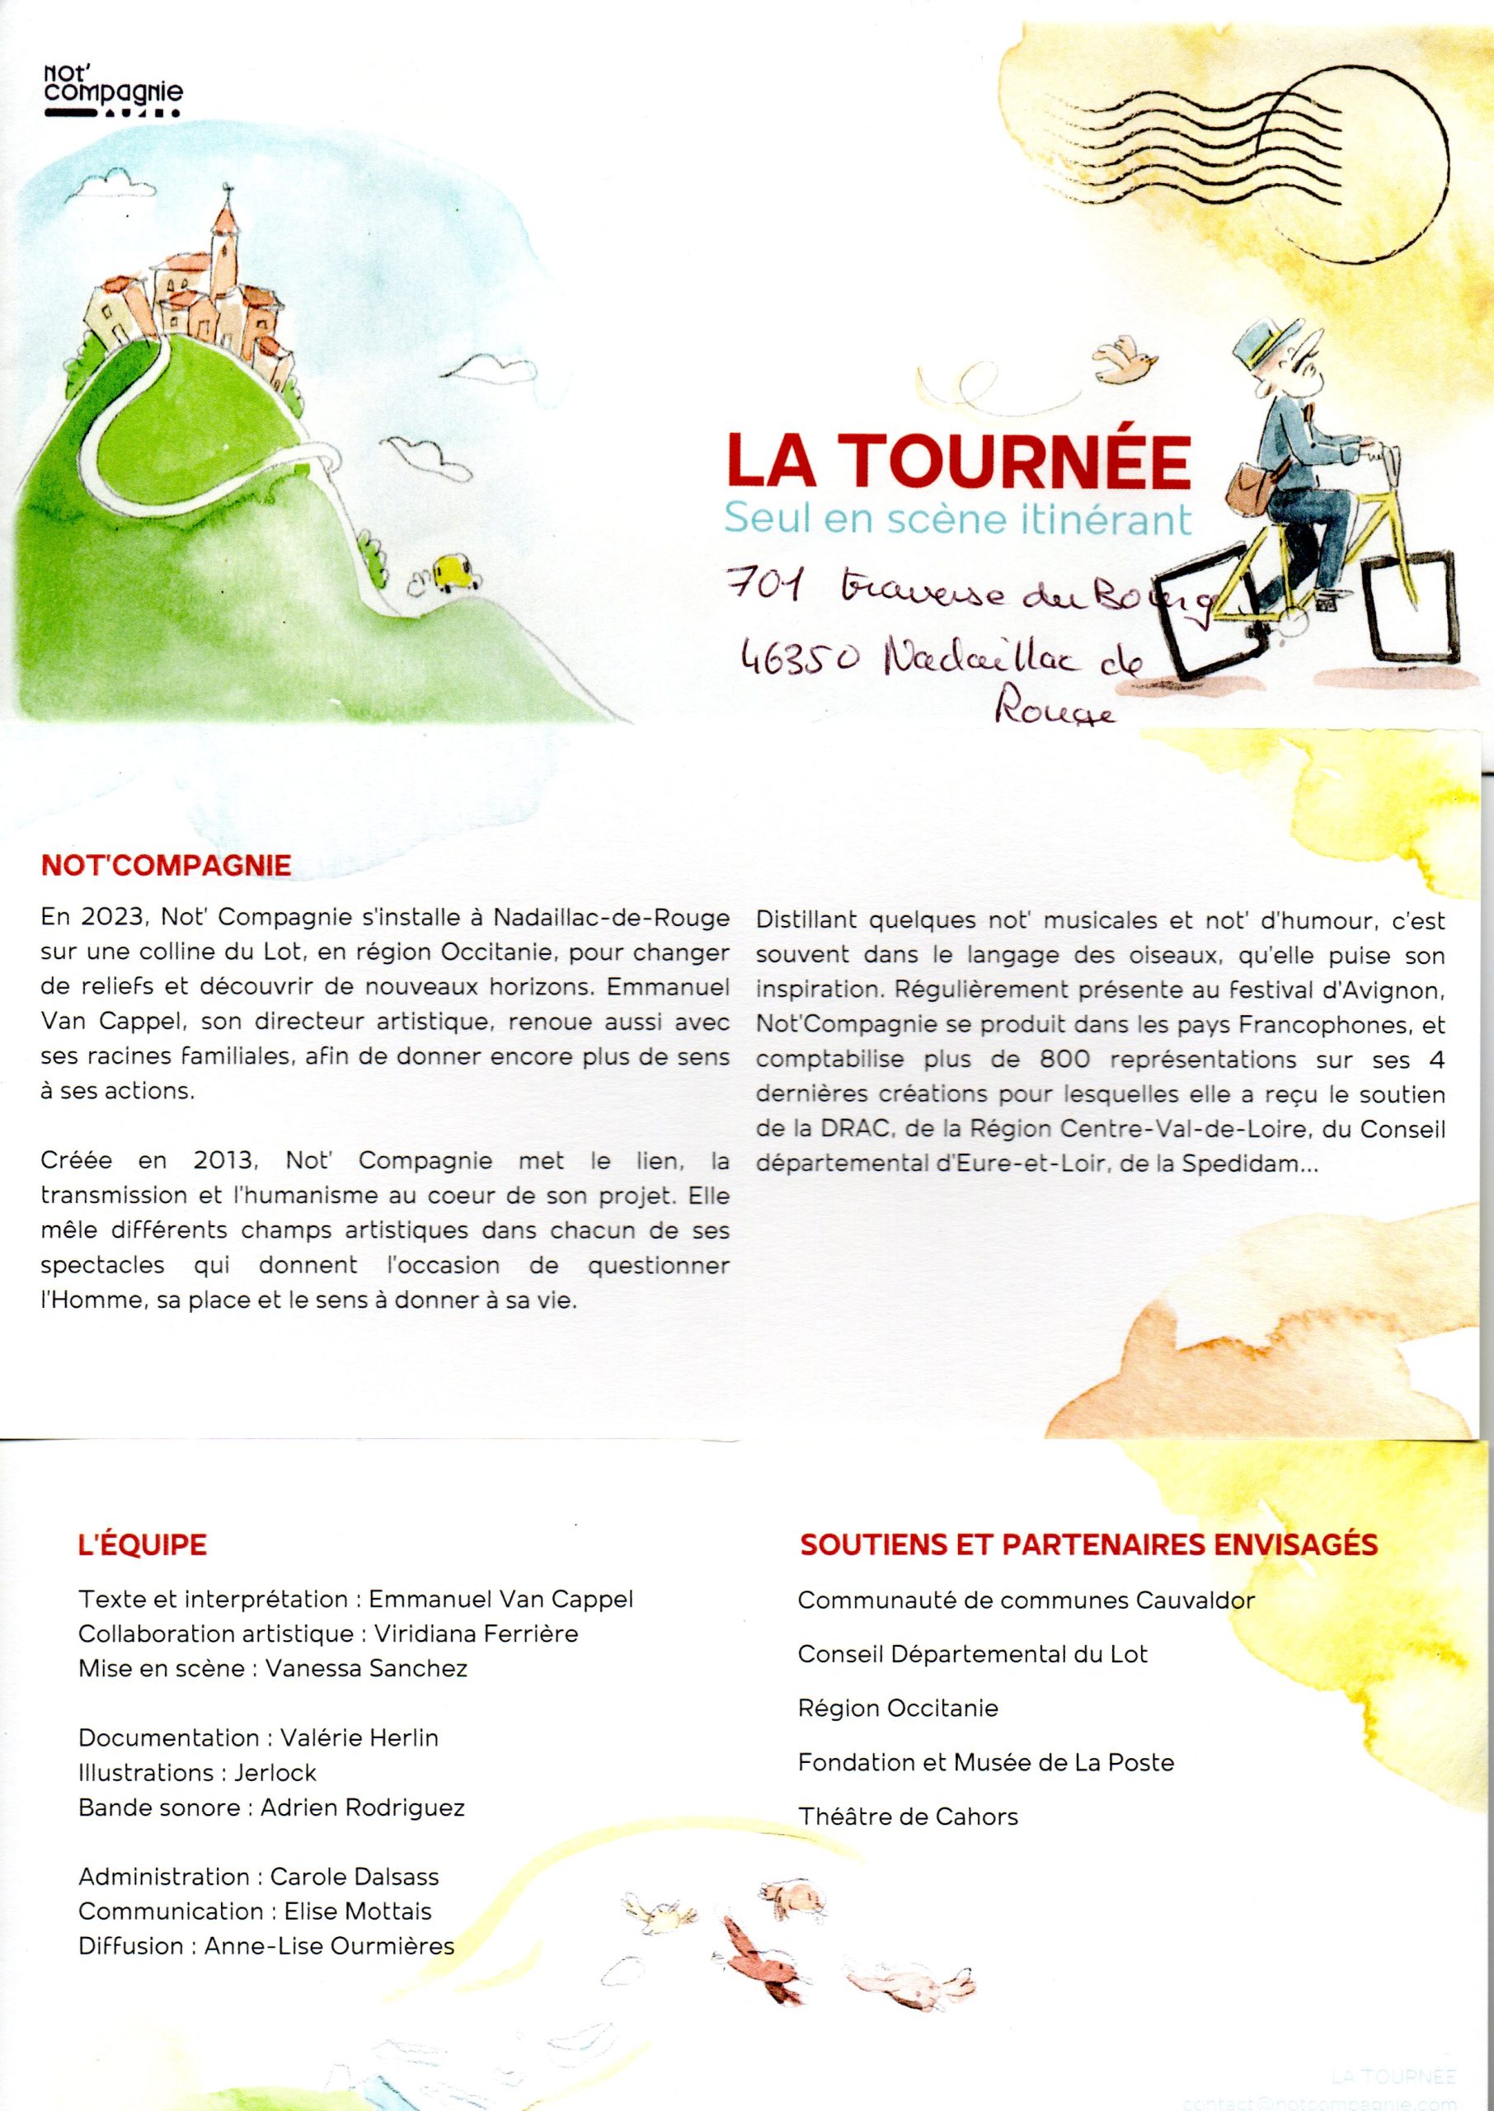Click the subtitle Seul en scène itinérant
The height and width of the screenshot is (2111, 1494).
point(956,519)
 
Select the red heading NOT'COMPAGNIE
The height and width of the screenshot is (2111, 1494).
point(167,865)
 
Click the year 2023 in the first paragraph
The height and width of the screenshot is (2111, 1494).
point(110,918)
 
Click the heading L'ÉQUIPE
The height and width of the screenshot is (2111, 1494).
point(143,1544)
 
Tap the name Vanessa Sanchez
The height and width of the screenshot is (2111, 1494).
point(366,1667)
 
